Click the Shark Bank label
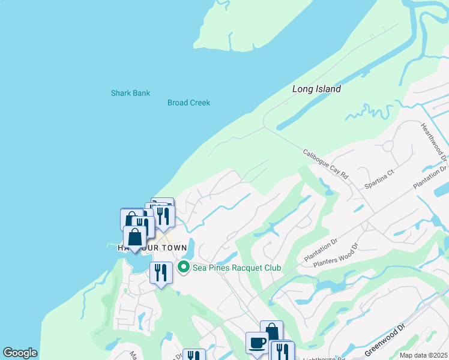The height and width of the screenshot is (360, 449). coord(130,93)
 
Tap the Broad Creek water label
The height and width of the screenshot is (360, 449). coord(188,103)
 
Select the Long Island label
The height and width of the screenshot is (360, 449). coord(316,89)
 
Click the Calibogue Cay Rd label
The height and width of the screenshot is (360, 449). coord(325,164)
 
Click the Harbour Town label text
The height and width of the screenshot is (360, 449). coord(152,248)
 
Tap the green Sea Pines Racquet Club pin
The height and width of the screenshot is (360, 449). coord(184,268)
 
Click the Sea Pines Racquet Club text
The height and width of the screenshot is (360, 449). coord(237,268)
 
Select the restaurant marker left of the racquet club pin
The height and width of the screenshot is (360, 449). coord(161,274)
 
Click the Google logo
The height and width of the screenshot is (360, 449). coord(20,353)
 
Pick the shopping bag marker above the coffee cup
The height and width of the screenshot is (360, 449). coord(271,331)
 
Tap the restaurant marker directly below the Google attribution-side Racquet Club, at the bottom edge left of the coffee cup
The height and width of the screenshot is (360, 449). coord(193,355)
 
